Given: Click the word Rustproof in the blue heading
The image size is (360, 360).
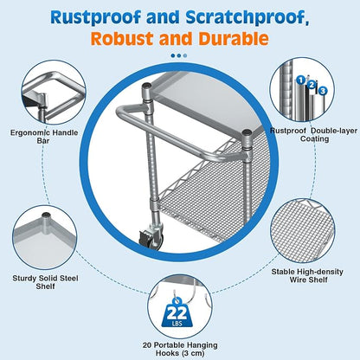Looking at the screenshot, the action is point(96,18).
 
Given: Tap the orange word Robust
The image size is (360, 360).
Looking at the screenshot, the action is point(122,39).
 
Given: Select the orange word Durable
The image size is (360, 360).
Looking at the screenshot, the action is point(234,39).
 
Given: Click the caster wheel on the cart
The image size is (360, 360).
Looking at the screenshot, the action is point(151,238).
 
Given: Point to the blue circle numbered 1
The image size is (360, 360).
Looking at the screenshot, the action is point(301,80).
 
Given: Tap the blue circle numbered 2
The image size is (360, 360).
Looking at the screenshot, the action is point(312,85).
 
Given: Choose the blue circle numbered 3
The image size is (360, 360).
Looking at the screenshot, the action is point(323,91).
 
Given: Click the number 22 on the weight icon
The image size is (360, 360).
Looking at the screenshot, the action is point(177,313).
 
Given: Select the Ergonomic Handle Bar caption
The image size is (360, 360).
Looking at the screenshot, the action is point(44,137).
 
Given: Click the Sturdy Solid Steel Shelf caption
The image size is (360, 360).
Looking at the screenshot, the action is point(45,282).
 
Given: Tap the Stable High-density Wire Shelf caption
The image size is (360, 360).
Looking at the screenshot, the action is point(307,276).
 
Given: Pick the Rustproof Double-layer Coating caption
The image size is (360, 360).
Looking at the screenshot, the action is point(313,135).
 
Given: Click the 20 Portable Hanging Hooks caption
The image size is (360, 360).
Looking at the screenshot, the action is point(180,349).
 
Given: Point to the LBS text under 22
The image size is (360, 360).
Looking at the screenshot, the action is point(177,324).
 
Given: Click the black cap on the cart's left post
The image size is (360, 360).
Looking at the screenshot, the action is point(147,86).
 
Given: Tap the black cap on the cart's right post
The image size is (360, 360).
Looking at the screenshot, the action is point(247,132).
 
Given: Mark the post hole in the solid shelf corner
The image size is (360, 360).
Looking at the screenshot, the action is point(46,215).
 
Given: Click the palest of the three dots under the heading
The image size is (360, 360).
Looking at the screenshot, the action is point(185,55).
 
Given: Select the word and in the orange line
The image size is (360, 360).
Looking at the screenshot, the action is point(176,39).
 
